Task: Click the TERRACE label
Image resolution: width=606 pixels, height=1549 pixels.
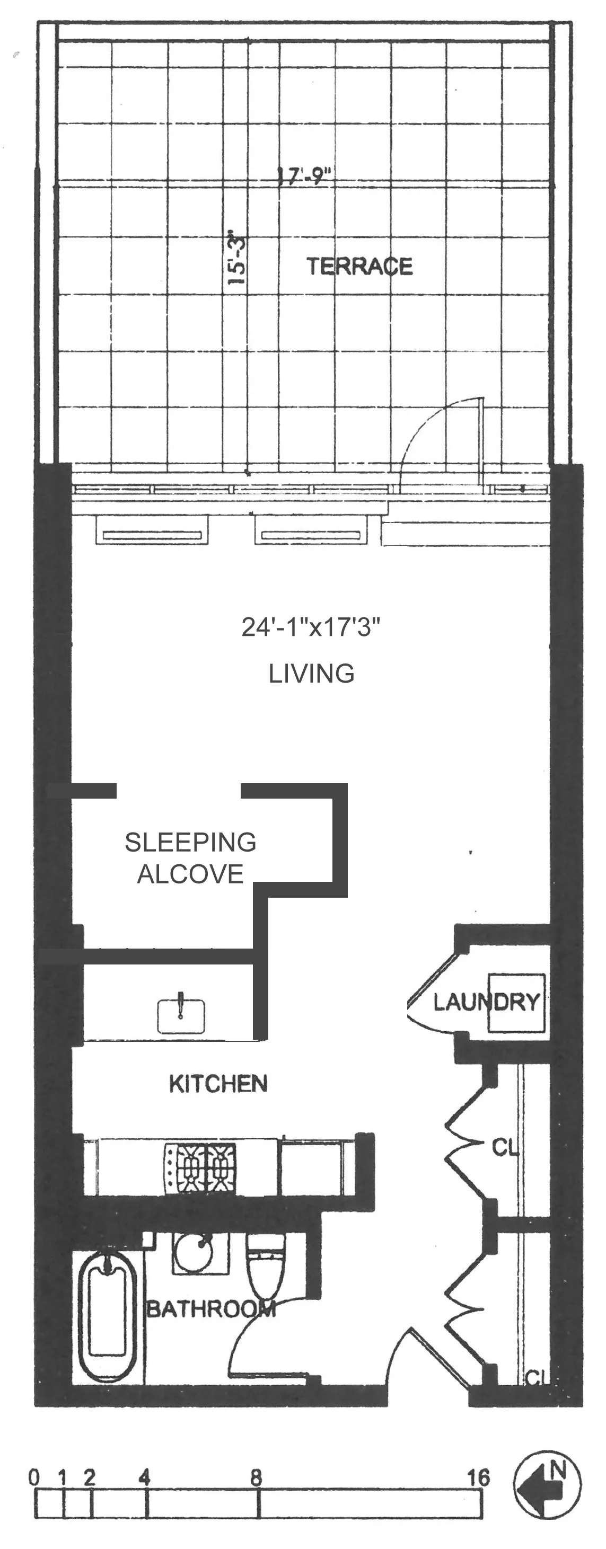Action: click(359, 267)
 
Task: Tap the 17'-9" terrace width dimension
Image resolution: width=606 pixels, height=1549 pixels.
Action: click(304, 176)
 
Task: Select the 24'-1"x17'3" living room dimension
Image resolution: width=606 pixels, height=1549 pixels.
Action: click(311, 627)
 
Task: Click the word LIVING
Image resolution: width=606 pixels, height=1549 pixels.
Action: click(311, 674)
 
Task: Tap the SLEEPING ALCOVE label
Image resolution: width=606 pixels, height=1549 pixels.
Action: click(190, 857)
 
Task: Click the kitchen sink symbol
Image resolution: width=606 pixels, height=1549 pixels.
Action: click(181, 1016)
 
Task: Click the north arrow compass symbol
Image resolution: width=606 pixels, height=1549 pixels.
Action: click(547, 1485)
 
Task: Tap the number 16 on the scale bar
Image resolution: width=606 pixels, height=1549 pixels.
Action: click(478, 1477)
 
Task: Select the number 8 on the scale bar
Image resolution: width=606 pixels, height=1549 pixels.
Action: click(257, 1477)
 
